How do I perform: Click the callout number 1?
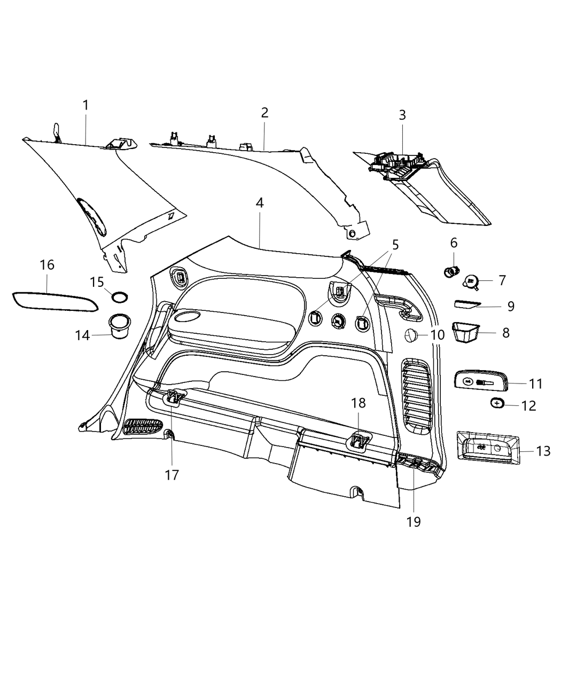85,105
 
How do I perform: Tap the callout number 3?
402,115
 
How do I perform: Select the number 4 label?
260,203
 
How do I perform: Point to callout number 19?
414,521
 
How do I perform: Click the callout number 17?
172,474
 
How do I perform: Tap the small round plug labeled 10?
411,335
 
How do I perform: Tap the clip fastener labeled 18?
359,441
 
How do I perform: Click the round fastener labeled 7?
471,280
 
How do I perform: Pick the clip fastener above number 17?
174,397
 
